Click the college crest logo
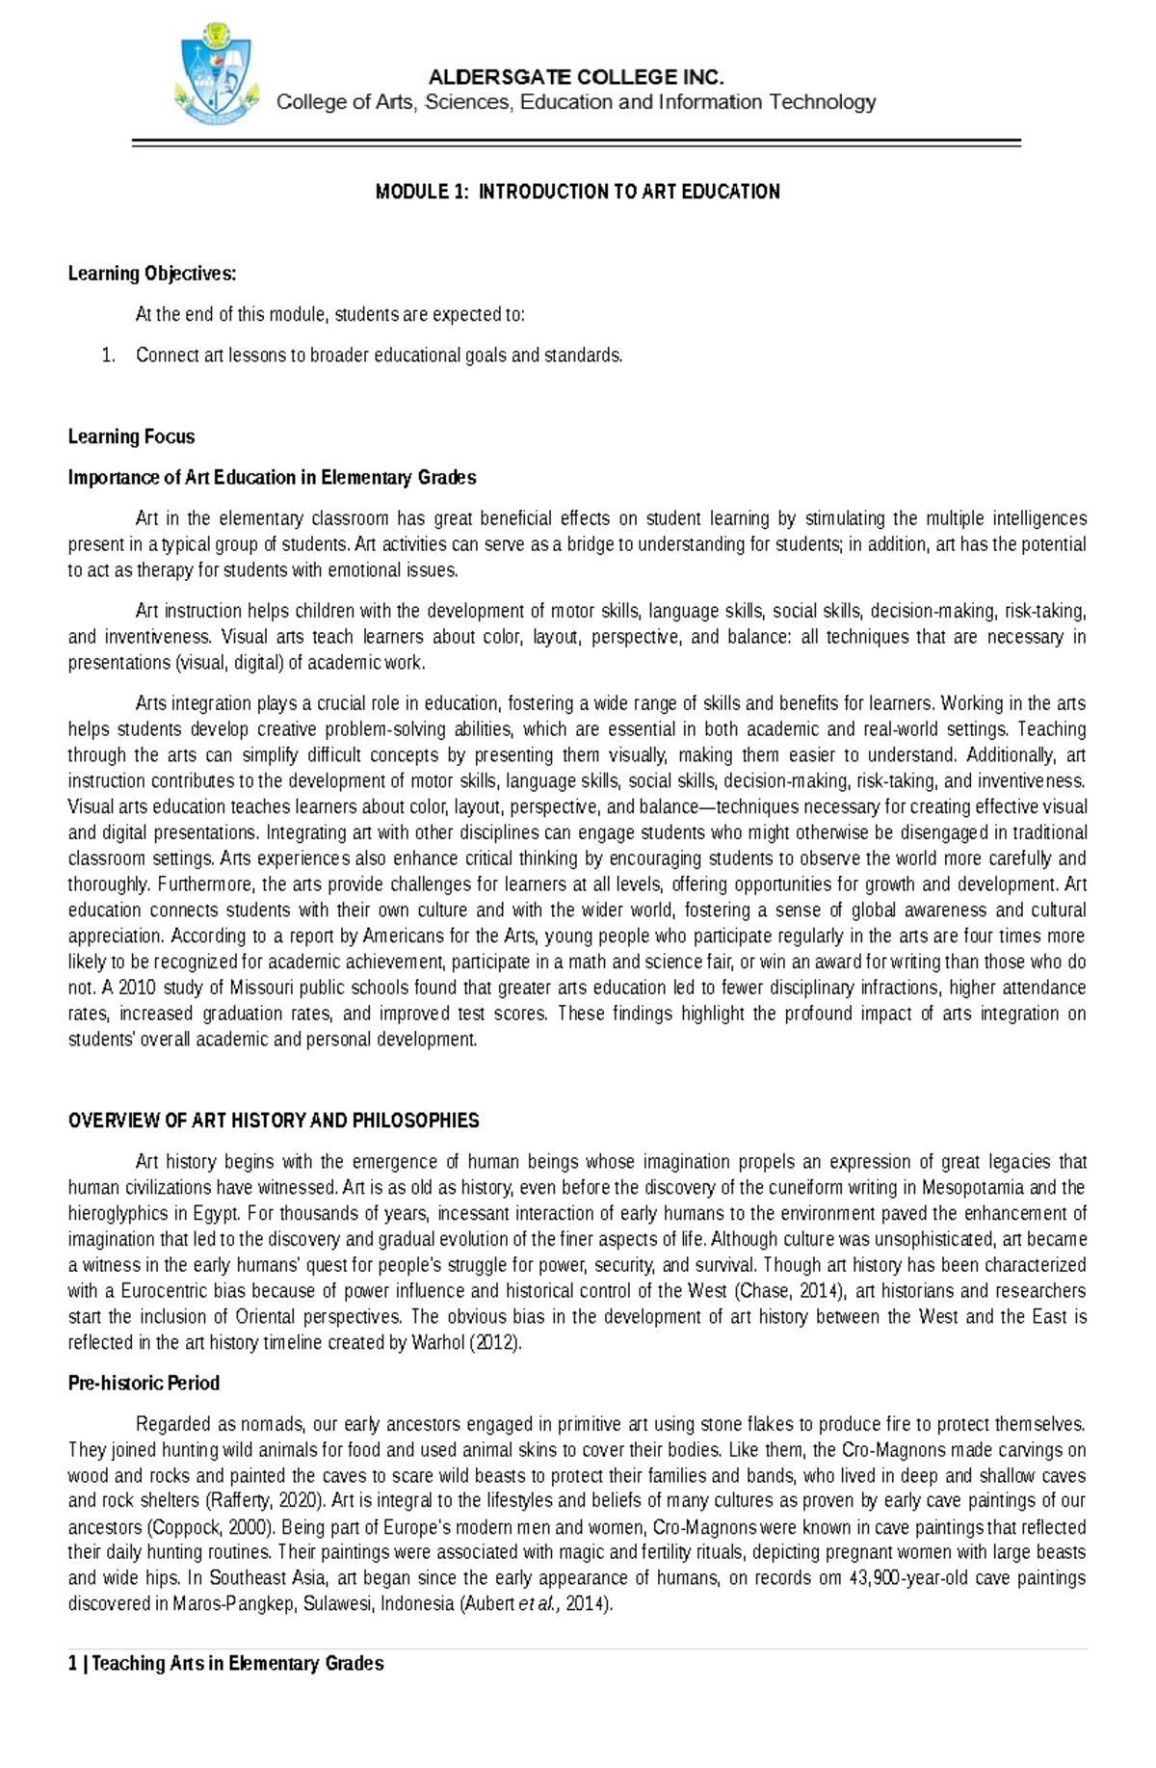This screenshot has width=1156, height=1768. [217, 78]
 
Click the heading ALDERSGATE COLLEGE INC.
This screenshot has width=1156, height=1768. [576, 77]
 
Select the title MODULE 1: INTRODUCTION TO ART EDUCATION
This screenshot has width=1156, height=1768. [577, 192]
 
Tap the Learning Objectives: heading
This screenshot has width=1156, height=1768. [151, 274]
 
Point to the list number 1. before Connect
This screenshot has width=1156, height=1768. [108, 356]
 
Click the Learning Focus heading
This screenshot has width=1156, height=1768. [131, 436]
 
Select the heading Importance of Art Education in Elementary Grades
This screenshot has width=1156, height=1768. [272, 478]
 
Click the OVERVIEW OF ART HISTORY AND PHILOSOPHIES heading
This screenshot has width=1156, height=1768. [274, 1121]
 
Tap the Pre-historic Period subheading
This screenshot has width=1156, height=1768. [144, 1384]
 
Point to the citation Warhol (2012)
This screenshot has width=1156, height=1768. [466, 1343]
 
